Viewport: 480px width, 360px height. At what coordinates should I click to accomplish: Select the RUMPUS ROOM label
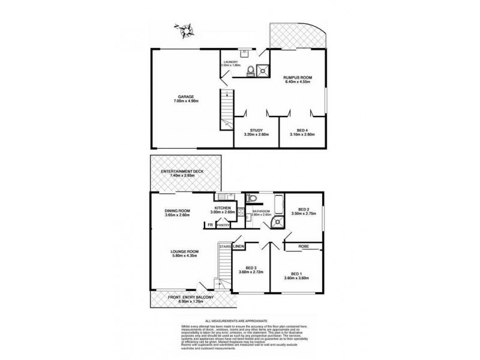[296, 77]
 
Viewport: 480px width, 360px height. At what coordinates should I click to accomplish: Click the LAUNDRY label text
[231, 62]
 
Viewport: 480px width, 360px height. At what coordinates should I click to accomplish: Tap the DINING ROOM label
[178, 211]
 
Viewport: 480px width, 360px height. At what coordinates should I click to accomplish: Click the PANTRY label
[223, 225]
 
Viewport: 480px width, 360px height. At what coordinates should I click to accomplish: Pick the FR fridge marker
[209, 225]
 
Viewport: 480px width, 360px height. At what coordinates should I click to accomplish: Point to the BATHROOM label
[262, 211]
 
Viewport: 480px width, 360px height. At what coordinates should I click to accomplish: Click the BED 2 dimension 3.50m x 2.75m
[302, 214]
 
